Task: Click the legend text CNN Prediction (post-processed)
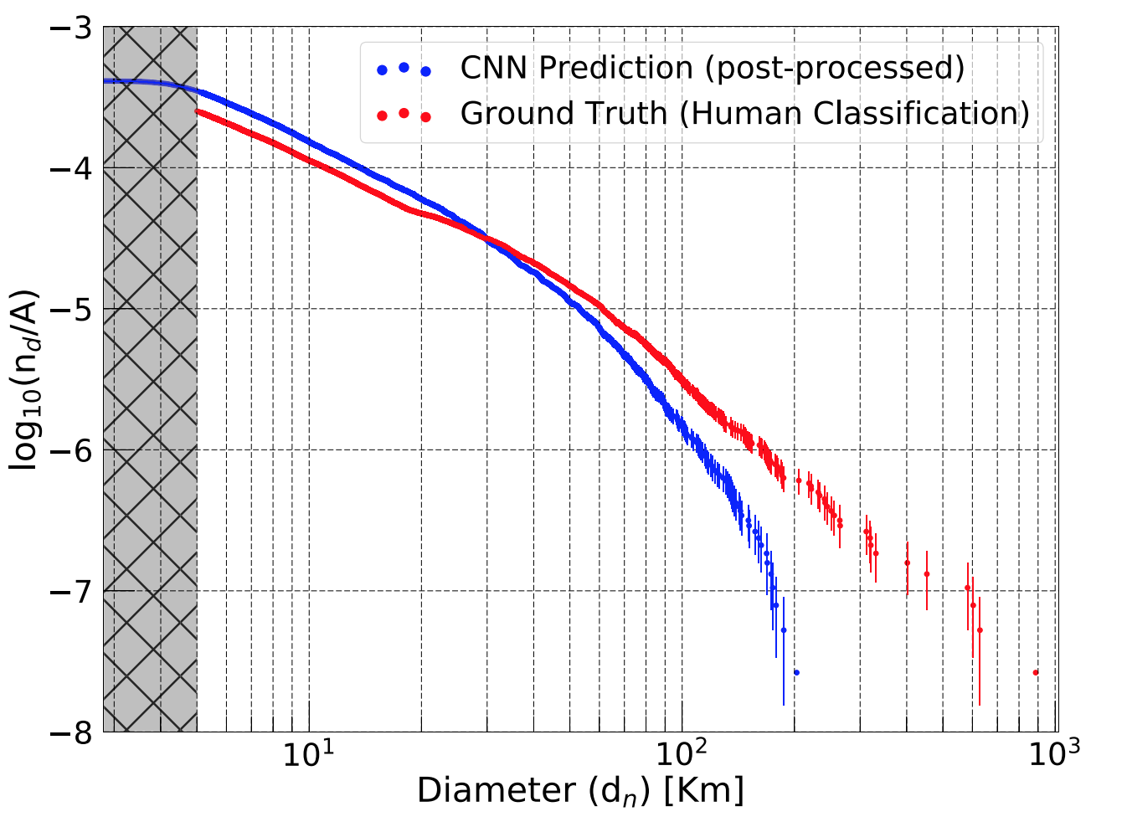tap(713, 68)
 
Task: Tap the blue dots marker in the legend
tap(404, 69)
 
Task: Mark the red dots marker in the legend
tap(404, 114)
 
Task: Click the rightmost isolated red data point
tap(1036, 672)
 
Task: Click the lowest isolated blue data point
tap(796, 672)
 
